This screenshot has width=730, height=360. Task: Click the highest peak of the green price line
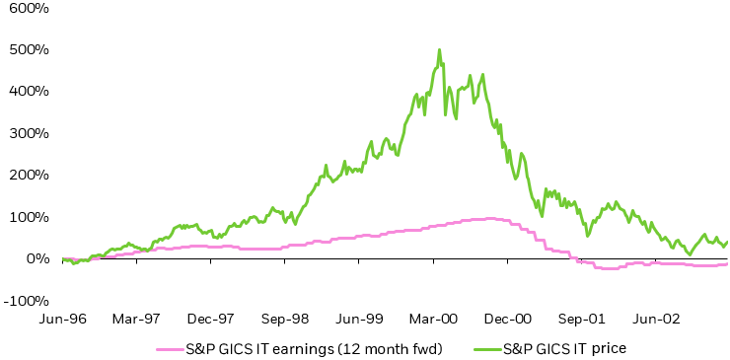[439, 49]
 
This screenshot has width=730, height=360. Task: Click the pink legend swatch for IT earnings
[170, 347]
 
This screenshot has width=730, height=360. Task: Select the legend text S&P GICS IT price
[564, 347]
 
